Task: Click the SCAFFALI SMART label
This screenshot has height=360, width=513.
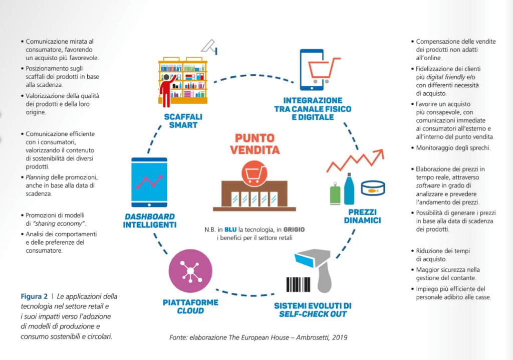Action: pos(183,120)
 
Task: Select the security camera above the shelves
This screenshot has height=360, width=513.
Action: pos(209,47)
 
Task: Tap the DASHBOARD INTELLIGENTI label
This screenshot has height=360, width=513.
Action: pos(149,221)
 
